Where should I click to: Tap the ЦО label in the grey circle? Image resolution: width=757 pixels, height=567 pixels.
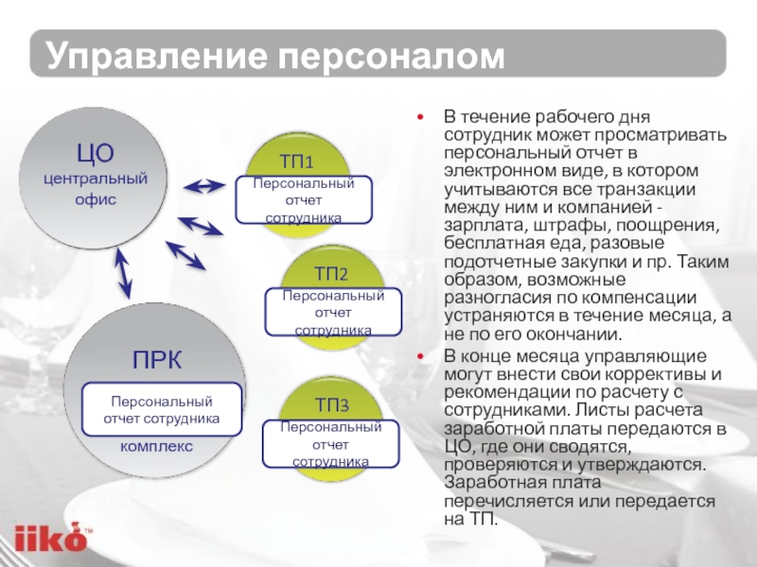[x=95, y=152]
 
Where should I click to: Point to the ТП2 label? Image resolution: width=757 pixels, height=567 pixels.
[x=331, y=274]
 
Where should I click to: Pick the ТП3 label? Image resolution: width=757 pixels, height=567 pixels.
[x=332, y=406]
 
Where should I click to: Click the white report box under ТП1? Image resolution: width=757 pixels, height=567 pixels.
[x=305, y=200]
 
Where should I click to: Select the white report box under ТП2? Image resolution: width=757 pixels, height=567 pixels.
[x=333, y=313]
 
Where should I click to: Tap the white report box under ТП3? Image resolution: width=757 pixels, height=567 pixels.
[x=331, y=444]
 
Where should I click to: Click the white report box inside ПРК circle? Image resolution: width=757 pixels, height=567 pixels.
[x=162, y=409]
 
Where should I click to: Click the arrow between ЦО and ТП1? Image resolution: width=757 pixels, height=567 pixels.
[x=203, y=186]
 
